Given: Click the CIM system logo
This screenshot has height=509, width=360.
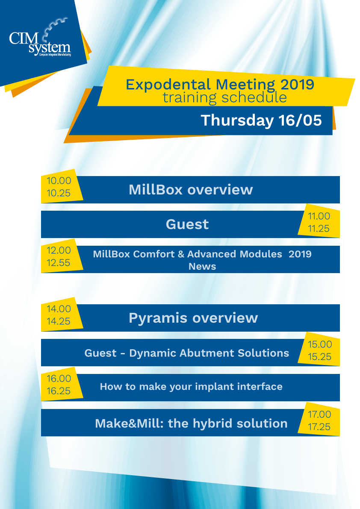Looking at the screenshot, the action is (x=40, y=39).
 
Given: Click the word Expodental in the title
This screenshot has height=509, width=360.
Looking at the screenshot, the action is (x=168, y=85).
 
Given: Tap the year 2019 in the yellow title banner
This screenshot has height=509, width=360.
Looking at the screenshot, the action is (x=297, y=84).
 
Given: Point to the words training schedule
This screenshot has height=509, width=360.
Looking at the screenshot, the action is (x=224, y=97).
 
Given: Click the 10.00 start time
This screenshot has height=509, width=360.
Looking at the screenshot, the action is (x=59, y=181).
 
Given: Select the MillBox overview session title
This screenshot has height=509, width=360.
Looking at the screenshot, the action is (x=191, y=190).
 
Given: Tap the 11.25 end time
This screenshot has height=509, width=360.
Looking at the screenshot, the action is (x=319, y=229).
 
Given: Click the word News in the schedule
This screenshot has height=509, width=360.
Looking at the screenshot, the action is (x=202, y=267).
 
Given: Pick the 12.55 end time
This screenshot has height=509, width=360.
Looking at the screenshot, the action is (x=59, y=262).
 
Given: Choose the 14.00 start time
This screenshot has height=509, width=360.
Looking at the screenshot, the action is (x=59, y=309).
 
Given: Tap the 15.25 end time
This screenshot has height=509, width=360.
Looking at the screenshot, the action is (x=320, y=357).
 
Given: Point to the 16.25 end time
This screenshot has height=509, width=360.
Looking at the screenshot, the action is (x=59, y=391).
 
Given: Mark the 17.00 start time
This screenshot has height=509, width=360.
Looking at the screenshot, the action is (x=319, y=415).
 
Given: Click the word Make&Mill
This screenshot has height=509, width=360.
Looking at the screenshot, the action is (x=129, y=424).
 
